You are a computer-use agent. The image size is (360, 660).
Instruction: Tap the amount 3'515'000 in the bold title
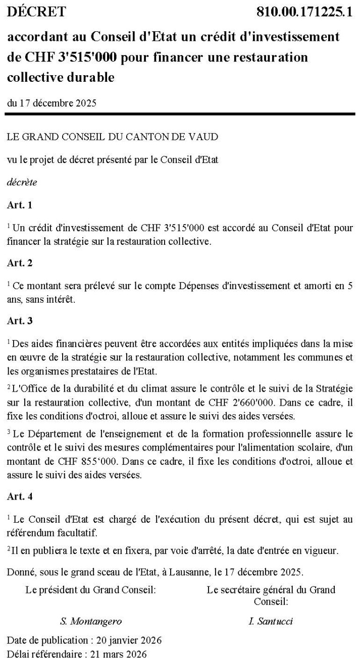[x=89, y=58]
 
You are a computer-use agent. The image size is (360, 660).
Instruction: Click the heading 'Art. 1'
[x=20, y=205]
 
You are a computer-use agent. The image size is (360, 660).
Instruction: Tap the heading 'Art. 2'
[x=20, y=263]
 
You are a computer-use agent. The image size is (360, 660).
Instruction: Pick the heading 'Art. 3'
[x=20, y=320]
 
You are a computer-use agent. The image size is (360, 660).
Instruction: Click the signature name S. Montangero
[x=90, y=621]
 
